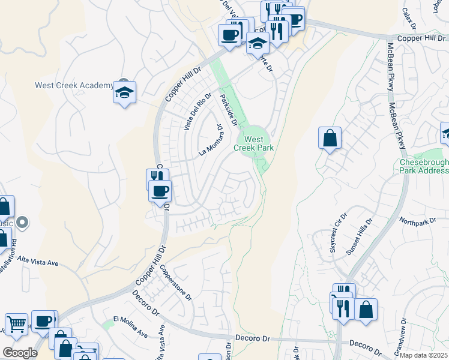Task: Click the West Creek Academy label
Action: pyautogui.click(x=74, y=85)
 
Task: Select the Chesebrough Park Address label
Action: pyautogui.click(x=423, y=166)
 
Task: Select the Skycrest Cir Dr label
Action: pyautogui.click(x=339, y=233)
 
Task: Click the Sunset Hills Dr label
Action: pyautogui.click(x=359, y=238)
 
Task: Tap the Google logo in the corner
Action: pyautogui.click(x=20, y=353)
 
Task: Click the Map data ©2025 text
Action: pyautogui.click(x=424, y=355)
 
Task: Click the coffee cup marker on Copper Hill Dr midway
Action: pyautogui.click(x=160, y=192)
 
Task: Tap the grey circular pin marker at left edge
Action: pyautogui.click(x=23, y=223)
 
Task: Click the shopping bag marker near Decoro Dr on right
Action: pyautogui.click(x=366, y=310)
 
